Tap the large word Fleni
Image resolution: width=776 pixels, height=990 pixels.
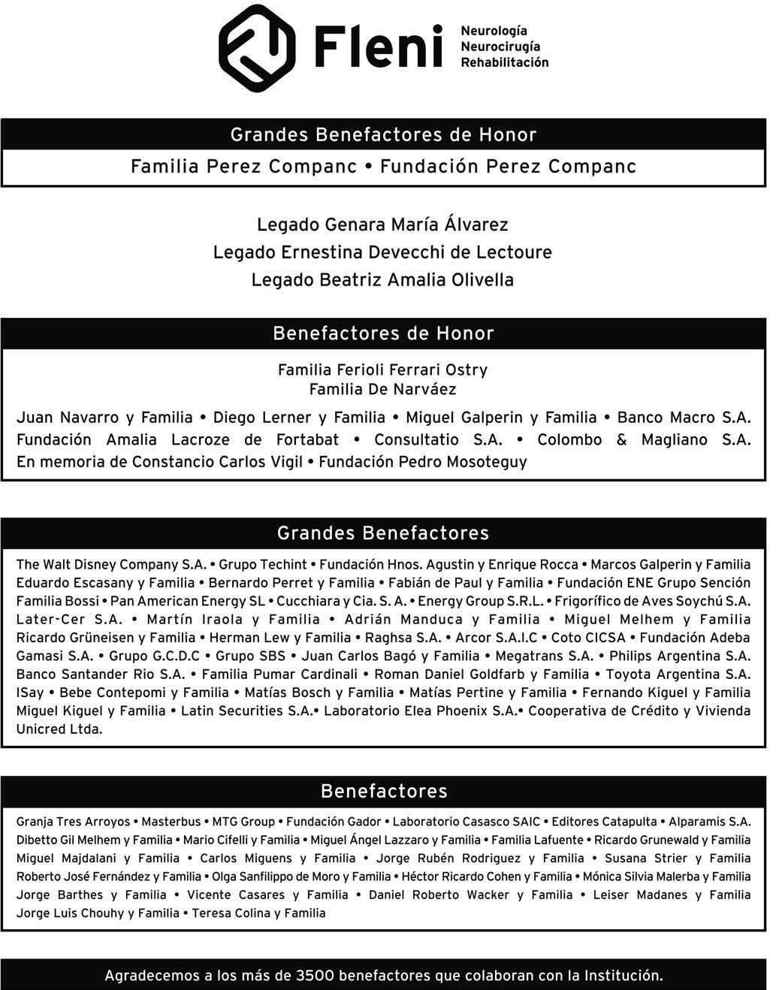pyautogui.click(x=378, y=47)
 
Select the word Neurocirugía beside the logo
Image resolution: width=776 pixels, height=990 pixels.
pyautogui.click(x=500, y=47)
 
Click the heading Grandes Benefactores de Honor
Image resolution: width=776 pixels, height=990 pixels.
pyautogui.click(x=383, y=135)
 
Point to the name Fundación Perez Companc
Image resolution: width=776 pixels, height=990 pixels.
pyautogui.click(x=508, y=167)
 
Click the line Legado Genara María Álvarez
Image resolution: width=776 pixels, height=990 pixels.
pyautogui.click(x=382, y=225)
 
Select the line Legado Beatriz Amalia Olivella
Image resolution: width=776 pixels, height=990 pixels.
pyautogui.click(x=382, y=280)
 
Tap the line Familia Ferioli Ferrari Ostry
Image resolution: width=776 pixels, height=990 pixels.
pyautogui.click(x=382, y=370)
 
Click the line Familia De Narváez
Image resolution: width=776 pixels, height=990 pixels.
pyautogui.click(x=382, y=389)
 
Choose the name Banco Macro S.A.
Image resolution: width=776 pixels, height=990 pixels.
pyautogui.click(x=684, y=418)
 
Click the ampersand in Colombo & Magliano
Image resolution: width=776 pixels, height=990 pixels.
pyautogui.click(x=621, y=440)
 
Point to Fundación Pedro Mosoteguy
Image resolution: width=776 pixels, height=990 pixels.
pyautogui.click(x=423, y=462)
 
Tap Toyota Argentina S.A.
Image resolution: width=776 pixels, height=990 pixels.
pyautogui.click(x=678, y=675)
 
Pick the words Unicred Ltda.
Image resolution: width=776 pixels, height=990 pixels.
pyautogui.click(x=59, y=729)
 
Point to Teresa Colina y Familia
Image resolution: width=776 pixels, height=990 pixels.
pyautogui.click(x=258, y=913)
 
